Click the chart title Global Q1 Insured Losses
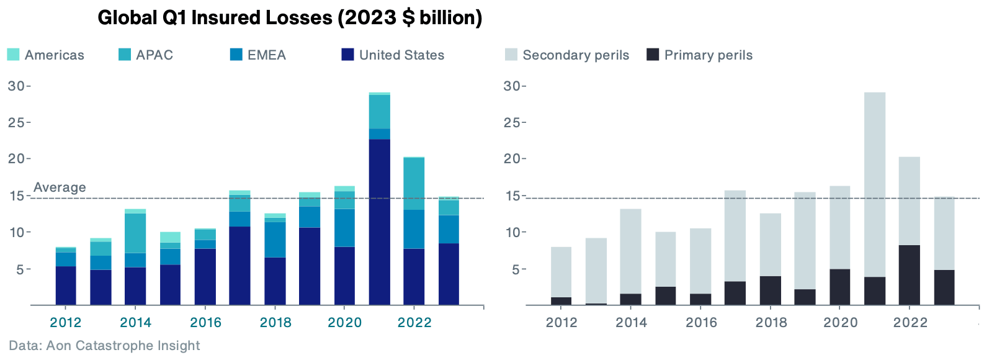[x=290, y=17]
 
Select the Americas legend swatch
[x=13, y=55]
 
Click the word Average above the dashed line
[x=60, y=187]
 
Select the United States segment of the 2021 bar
[x=380, y=222]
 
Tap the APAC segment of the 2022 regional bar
[x=414, y=184]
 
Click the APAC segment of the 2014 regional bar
[x=135, y=233]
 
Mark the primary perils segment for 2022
[x=909, y=275]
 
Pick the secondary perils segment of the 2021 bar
[x=874, y=184]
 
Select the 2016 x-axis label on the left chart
[x=205, y=322]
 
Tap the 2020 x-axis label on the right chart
[x=840, y=322]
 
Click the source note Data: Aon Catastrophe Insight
[x=104, y=346]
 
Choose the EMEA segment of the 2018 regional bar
[x=275, y=240]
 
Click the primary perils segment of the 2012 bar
[x=561, y=301]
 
